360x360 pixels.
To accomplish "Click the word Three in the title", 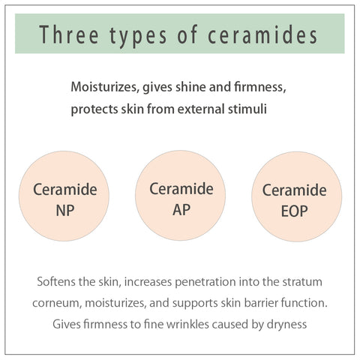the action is [x=69, y=34].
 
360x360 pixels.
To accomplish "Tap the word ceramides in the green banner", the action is [x=262, y=34].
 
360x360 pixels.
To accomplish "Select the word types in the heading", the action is [x=138, y=37].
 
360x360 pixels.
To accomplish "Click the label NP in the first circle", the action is [x=65, y=211].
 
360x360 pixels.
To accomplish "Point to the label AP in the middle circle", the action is [x=181, y=209].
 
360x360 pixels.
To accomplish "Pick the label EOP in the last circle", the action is [x=295, y=211].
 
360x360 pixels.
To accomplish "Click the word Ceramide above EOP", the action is [x=295, y=190].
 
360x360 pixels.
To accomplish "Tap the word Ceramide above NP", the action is [x=65, y=189].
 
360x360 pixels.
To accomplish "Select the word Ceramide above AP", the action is [x=181, y=188].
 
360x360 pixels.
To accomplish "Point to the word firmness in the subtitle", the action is [x=260, y=87].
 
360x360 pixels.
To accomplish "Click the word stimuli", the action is [x=247, y=109].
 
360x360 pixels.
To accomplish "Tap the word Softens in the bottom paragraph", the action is [x=56, y=282].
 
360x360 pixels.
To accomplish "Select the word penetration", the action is [x=205, y=282].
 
